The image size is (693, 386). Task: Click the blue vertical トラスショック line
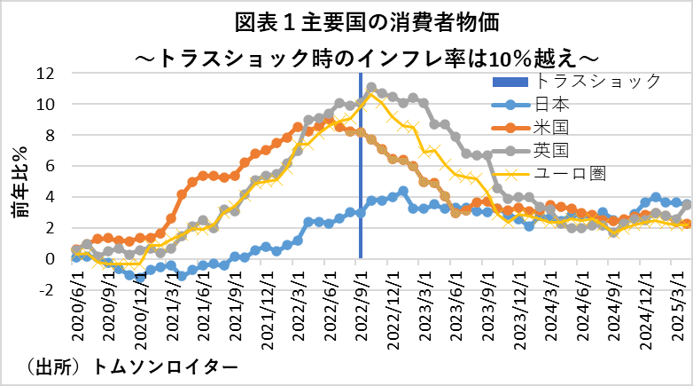[x=361, y=195]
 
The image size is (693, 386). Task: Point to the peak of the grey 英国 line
[x=371, y=88]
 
